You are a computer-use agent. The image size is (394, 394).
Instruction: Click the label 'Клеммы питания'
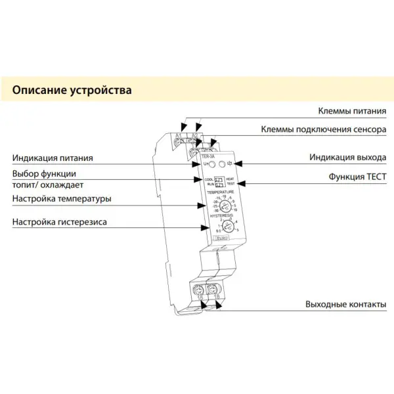352,112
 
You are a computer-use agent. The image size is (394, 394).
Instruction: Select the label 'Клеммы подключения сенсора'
324,129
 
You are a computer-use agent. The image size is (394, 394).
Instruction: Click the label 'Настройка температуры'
61,198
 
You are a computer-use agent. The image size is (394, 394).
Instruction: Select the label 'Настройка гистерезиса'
59,222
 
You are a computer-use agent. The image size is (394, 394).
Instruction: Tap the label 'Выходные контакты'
345,305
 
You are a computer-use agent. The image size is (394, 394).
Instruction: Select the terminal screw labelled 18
212,289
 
